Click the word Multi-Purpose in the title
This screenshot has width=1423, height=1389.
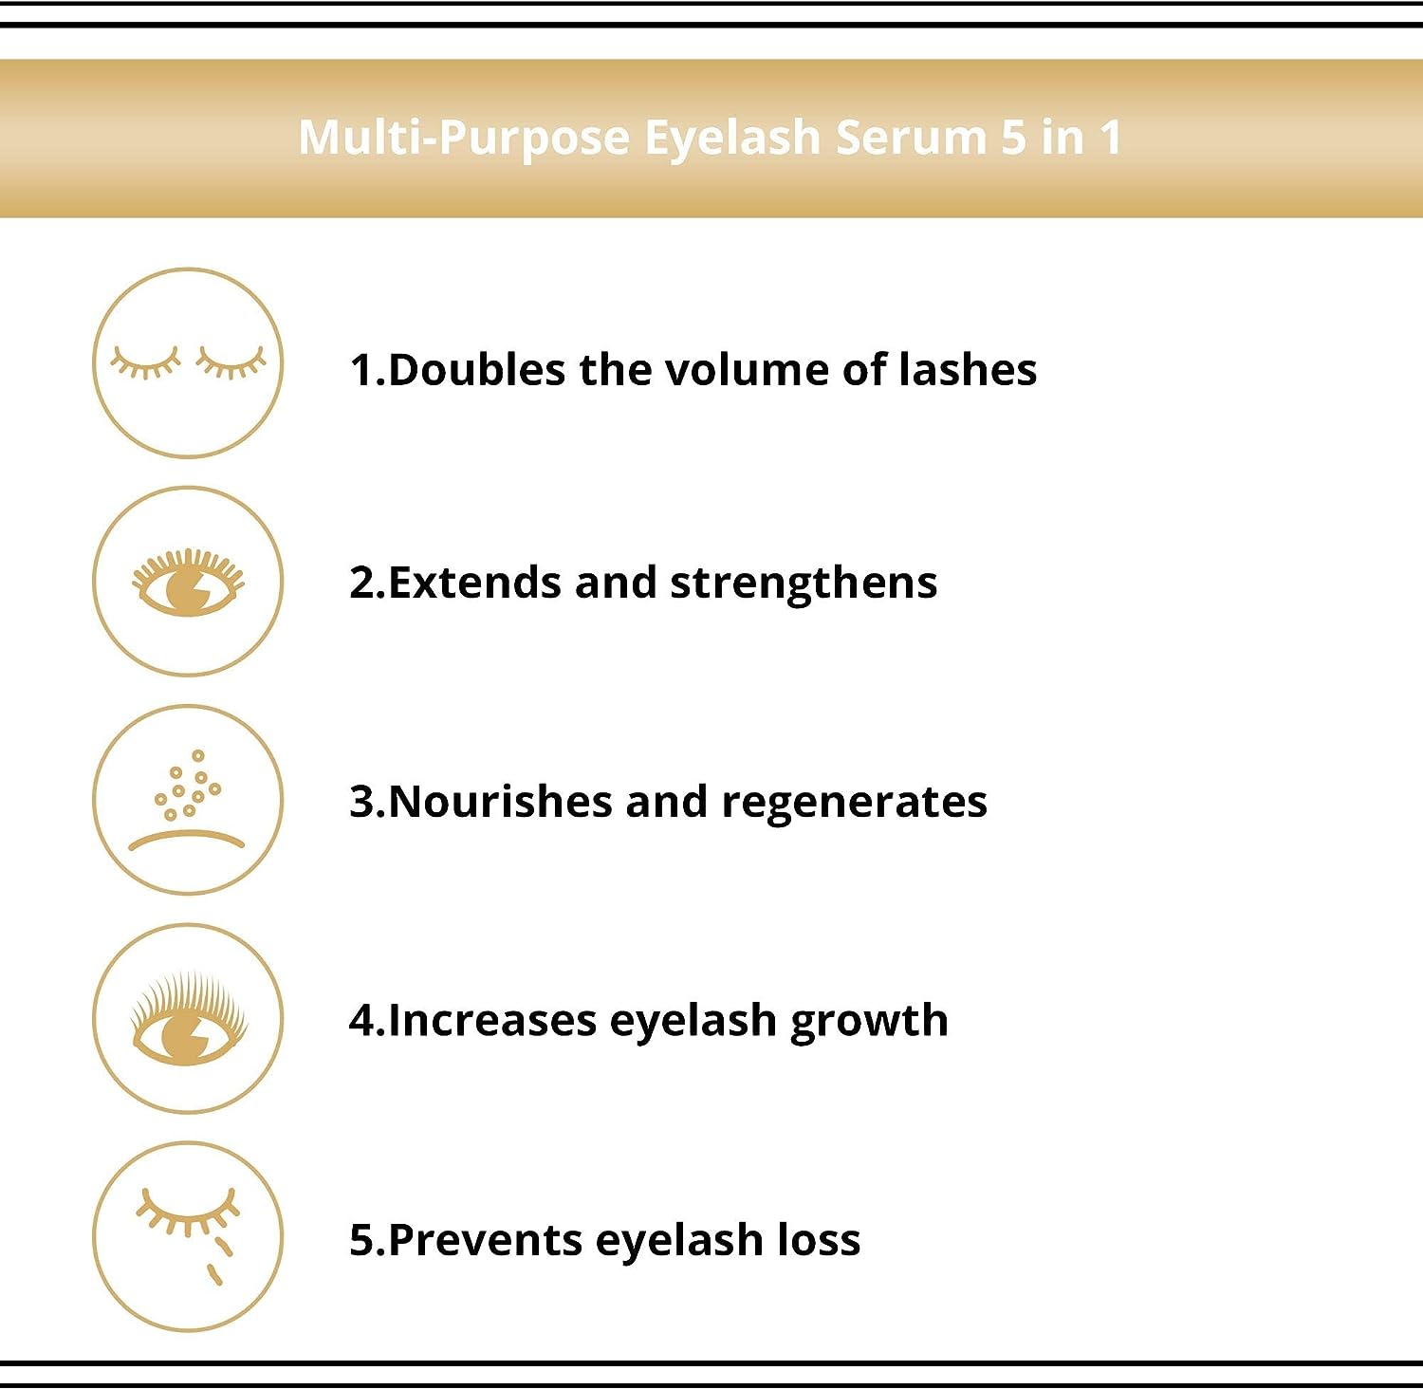coord(464,139)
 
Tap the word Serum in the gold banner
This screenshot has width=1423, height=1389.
coord(912,137)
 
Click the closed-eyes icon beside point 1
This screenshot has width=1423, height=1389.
coord(188,363)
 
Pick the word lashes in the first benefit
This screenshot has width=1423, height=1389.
coord(967,369)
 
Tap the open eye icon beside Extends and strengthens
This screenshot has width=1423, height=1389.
coord(188,582)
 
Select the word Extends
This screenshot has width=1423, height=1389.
coord(475,583)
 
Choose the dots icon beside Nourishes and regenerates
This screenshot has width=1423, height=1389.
coord(188,800)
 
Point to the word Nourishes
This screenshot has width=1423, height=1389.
coord(500,802)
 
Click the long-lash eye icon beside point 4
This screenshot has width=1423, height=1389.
coord(188,1018)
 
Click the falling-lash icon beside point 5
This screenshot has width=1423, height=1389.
coord(188,1236)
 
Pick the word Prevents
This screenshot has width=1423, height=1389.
coord(485,1240)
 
